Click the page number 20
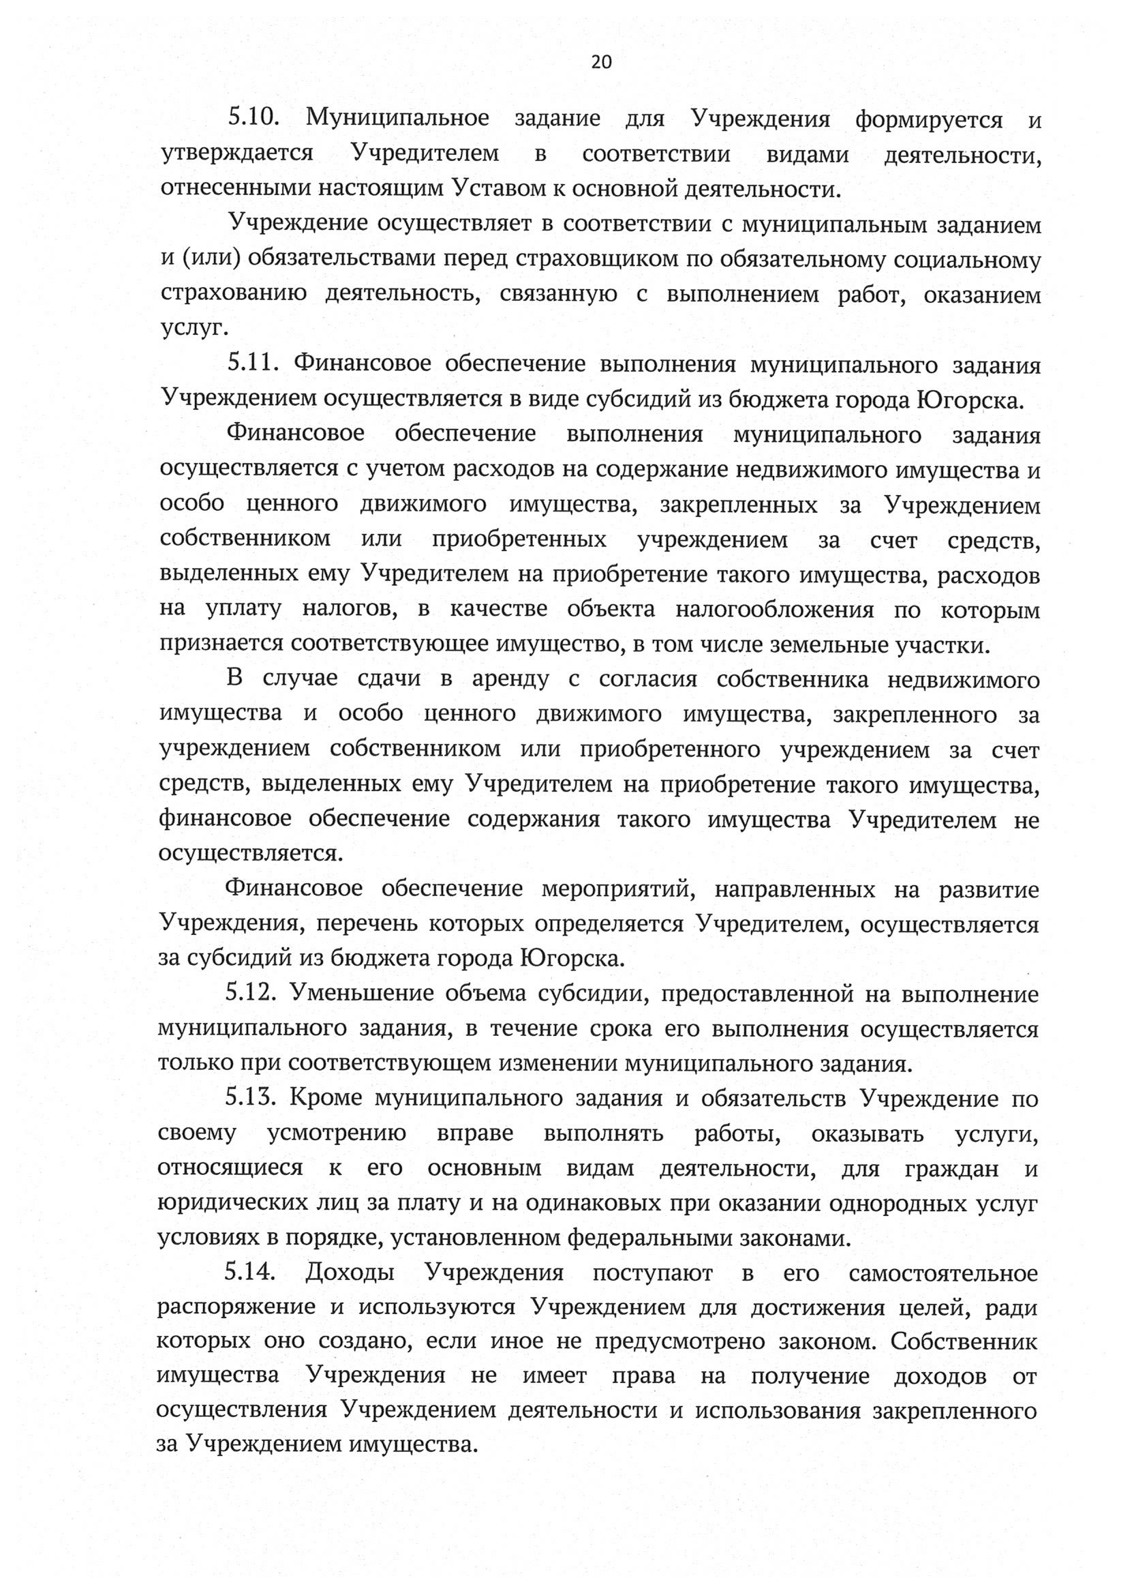(600, 63)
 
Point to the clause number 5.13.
(251, 1098)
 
